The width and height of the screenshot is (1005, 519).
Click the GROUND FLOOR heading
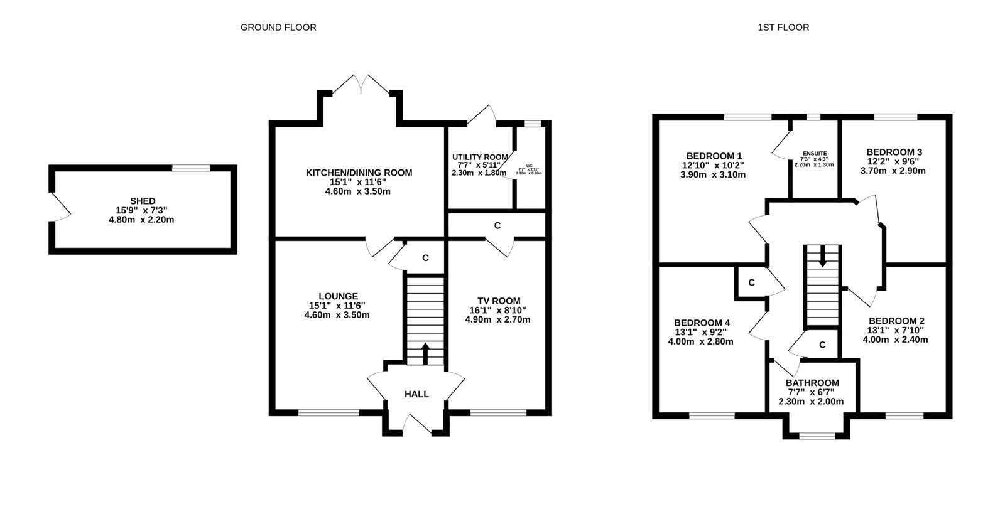click(278, 28)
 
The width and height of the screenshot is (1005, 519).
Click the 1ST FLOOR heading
click(783, 28)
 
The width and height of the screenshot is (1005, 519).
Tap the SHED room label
click(143, 201)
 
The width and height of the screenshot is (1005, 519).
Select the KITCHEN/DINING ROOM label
click(359, 173)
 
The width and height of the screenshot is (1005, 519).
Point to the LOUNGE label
click(338, 296)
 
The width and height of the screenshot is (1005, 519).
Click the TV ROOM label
click(498, 301)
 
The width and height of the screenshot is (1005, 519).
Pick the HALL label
click(416, 394)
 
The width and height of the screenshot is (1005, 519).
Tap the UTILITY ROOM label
click(480, 157)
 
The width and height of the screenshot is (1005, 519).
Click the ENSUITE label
click(815, 153)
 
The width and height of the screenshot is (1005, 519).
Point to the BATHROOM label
click(812, 383)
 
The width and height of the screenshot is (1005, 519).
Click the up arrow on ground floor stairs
click(425, 353)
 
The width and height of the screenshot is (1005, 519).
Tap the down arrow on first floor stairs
click(823, 261)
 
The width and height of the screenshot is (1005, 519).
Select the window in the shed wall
click(192, 168)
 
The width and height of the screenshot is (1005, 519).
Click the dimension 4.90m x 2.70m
click(497, 319)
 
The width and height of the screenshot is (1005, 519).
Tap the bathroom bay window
click(817, 435)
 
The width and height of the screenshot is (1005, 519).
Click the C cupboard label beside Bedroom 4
click(751, 283)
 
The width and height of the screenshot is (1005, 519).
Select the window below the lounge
click(329, 412)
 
